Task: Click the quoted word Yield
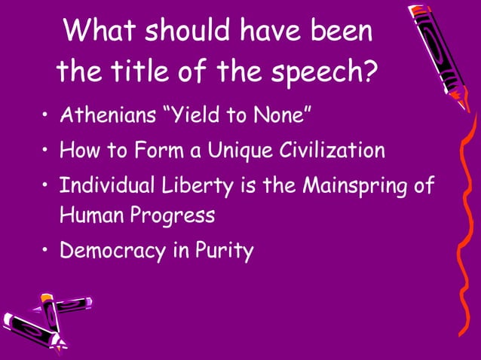tap(204, 116)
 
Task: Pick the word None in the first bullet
tap(284, 116)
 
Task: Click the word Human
tap(90, 215)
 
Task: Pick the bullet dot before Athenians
tap(46, 117)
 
